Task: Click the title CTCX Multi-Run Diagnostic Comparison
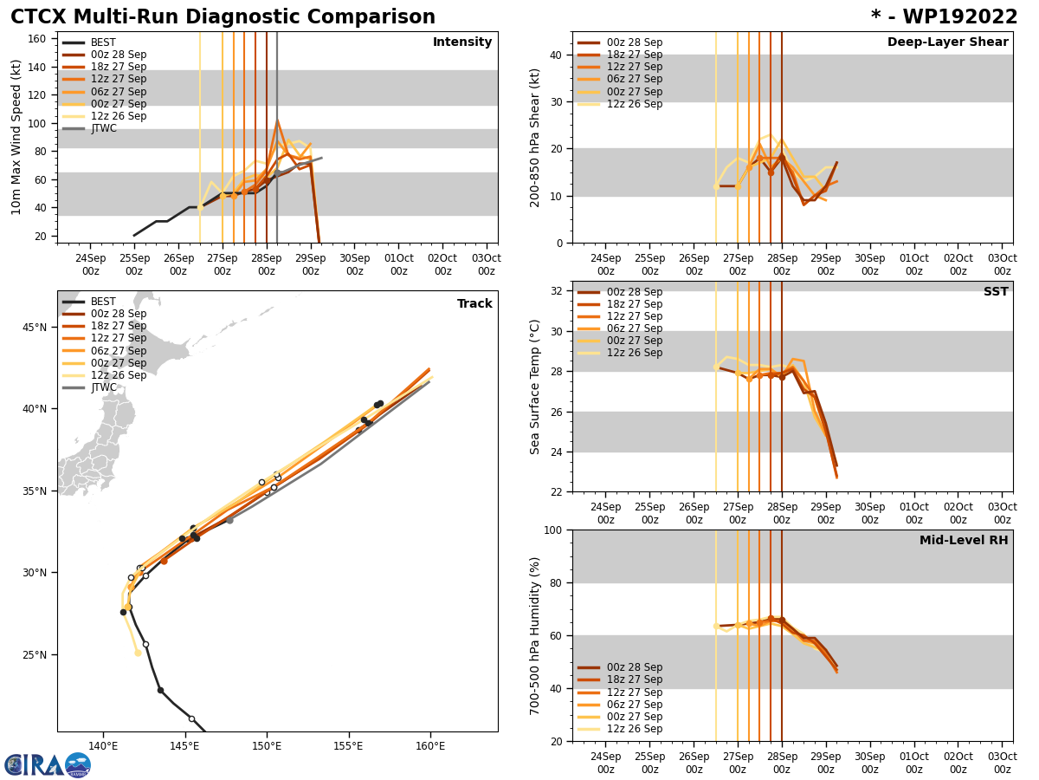(223, 17)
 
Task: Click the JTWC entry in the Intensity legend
(103, 128)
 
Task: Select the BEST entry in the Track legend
(103, 302)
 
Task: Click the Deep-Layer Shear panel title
(947, 42)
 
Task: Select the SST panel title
(996, 292)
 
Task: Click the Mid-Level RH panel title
(964, 541)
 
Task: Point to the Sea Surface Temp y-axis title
(535, 387)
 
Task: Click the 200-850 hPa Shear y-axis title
(535, 138)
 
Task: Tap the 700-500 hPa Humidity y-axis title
(535, 635)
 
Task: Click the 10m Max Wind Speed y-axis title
(16, 137)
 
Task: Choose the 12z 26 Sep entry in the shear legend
(634, 104)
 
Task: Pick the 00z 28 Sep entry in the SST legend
(634, 292)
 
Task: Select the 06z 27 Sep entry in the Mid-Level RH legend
(634, 705)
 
